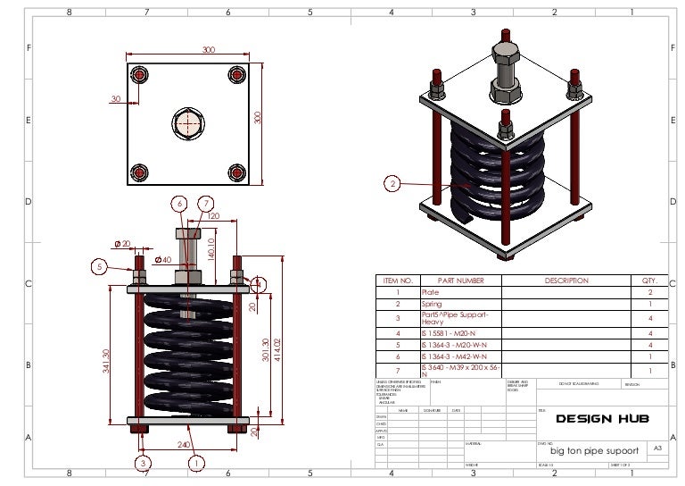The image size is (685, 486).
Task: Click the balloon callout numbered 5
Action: point(100,265)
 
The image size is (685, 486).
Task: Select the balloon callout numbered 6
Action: point(180,204)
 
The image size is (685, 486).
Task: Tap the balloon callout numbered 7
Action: point(206,204)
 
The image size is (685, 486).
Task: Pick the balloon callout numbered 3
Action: point(142,463)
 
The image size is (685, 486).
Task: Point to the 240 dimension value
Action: point(185,444)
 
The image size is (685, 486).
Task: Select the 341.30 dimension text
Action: point(106,362)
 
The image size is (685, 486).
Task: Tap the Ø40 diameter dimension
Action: point(163,260)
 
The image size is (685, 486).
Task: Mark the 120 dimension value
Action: point(213,216)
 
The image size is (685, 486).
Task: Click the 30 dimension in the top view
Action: point(116,99)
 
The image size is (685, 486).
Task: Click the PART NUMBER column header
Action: point(460,281)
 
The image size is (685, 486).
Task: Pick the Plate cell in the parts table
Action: point(430,292)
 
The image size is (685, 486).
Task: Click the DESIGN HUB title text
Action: point(602,419)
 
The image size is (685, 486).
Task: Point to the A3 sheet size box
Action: point(657,447)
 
